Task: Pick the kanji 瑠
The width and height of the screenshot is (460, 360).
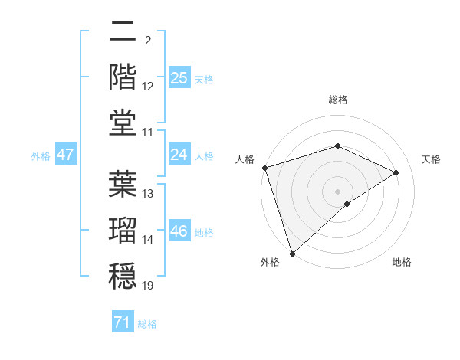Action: (x=123, y=229)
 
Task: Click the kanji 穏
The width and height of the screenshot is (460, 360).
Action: (x=123, y=273)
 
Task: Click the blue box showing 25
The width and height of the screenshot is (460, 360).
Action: (x=179, y=78)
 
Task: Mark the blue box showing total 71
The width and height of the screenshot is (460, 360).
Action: (x=122, y=323)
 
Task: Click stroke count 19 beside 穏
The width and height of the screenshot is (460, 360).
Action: (x=148, y=286)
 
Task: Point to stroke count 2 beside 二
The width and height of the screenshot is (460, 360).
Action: (x=146, y=40)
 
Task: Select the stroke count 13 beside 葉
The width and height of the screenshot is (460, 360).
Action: (x=148, y=193)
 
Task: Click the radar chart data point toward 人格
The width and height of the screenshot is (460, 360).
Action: (x=264, y=168)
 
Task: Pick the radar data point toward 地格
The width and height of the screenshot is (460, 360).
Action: (x=347, y=204)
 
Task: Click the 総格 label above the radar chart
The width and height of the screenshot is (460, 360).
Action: (x=337, y=100)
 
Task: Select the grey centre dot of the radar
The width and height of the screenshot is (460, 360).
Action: (x=337, y=191)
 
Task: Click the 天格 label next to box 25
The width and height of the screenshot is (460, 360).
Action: (x=204, y=79)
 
